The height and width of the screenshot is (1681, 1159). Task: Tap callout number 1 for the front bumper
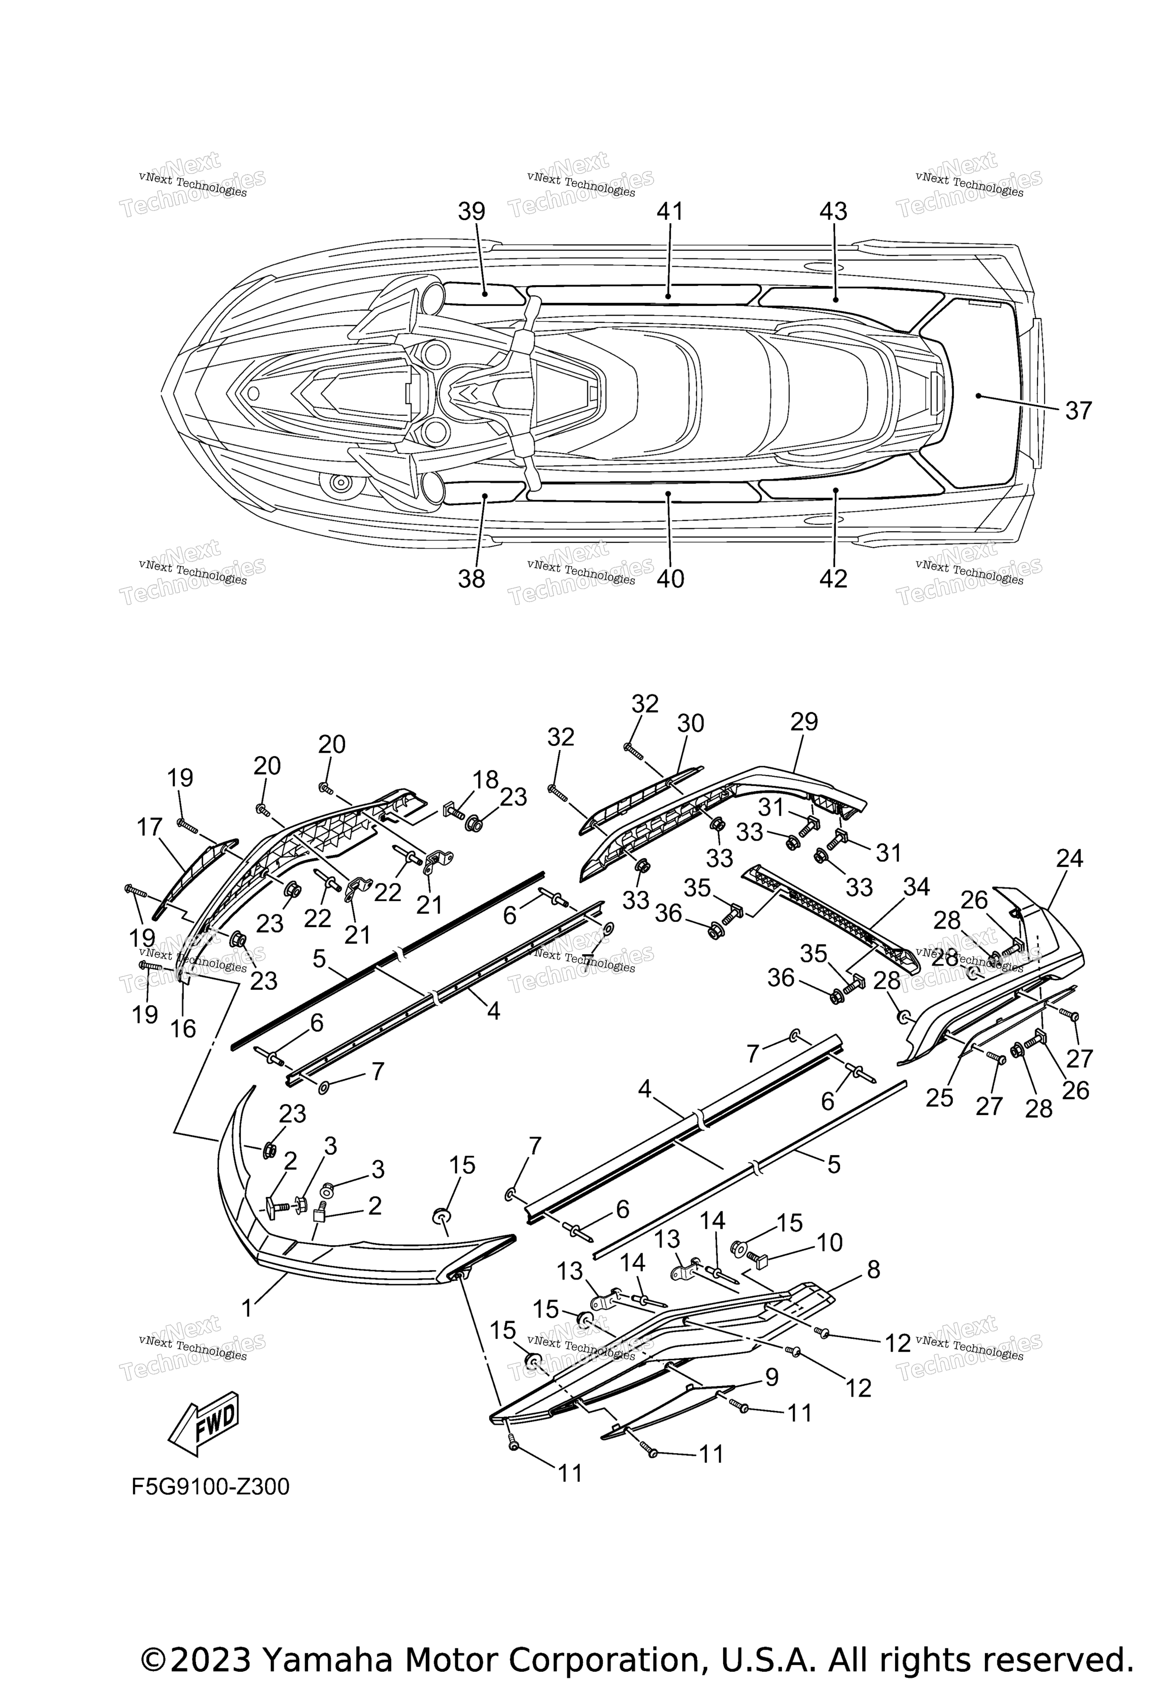(247, 1308)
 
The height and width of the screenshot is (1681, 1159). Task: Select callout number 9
(771, 1377)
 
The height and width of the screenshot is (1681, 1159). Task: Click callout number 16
(184, 1029)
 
